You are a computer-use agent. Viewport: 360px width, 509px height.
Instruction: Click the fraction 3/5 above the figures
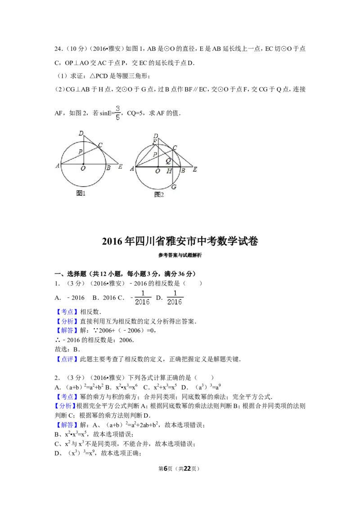tap(117, 113)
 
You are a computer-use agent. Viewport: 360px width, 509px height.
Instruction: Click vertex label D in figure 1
tap(81, 133)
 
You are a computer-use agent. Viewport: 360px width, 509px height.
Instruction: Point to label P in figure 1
tap(80, 152)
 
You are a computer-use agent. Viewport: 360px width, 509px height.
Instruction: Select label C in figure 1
tap(100, 145)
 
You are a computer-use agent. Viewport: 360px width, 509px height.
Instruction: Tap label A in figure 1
tap(58, 166)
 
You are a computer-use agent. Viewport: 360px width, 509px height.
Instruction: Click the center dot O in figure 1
tap(83, 164)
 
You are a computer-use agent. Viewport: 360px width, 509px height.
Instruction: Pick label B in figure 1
tap(108, 168)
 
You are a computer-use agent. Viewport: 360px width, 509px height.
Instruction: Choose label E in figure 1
tap(120, 167)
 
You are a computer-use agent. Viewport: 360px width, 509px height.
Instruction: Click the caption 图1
tap(81, 193)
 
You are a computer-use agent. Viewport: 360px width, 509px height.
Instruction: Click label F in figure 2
tap(154, 142)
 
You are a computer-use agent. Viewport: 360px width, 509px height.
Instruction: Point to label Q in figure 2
tap(168, 161)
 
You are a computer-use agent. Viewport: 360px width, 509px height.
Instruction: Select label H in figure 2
tap(169, 171)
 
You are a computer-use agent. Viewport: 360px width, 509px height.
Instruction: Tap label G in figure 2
tap(174, 187)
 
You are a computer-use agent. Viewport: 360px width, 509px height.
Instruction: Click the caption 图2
tap(159, 194)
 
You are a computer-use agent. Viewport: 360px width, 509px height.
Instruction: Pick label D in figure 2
tap(156, 136)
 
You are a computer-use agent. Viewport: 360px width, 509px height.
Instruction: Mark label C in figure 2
tap(175, 147)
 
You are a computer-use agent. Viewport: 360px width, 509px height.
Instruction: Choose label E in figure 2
tap(195, 170)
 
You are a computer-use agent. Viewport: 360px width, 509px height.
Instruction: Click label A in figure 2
tap(132, 169)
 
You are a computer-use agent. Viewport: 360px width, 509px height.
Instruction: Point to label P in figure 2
tap(154, 154)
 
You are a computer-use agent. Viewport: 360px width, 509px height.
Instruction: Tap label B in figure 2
tap(183, 171)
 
